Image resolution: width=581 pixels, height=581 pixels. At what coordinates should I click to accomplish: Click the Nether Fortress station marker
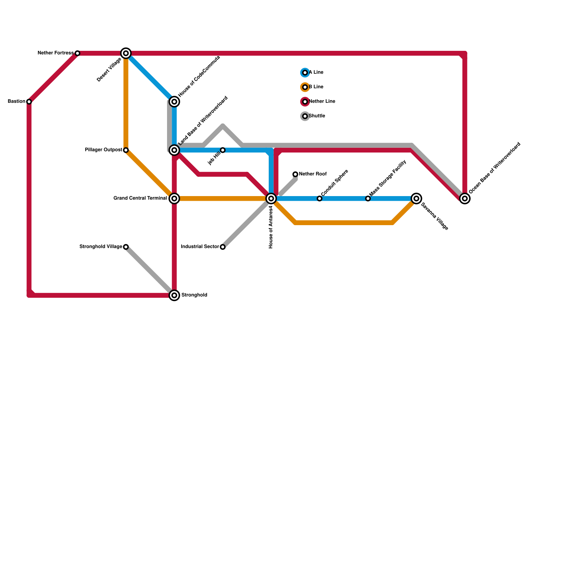[x=77, y=53]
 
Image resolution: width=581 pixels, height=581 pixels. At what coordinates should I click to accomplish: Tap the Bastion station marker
[x=29, y=102]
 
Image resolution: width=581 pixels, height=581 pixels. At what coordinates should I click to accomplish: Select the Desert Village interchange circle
[x=126, y=53]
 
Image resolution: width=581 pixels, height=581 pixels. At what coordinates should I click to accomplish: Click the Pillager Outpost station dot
[x=126, y=150]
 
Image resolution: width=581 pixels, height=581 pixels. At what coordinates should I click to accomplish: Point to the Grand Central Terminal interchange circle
[x=174, y=199]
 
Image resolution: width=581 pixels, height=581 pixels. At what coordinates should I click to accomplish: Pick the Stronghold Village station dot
[x=126, y=247]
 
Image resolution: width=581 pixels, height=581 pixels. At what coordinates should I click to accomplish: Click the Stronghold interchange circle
[x=174, y=296]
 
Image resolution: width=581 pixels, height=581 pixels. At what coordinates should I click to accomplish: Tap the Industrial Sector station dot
[x=223, y=247]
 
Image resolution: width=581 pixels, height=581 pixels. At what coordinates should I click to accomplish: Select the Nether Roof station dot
[x=295, y=174]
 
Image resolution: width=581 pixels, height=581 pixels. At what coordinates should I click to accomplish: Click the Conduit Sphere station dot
[x=320, y=199]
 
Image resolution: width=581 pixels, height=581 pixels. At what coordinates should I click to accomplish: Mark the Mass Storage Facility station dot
[x=368, y=199]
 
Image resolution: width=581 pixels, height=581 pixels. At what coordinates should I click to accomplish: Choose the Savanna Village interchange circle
[x=417, y=199]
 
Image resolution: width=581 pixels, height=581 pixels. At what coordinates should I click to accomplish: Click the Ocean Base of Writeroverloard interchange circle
[x=465, y=199]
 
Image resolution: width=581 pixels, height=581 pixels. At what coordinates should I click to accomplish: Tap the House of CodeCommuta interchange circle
[x=174, y=102]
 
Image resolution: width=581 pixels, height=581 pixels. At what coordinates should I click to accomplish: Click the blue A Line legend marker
[x=305, y=73]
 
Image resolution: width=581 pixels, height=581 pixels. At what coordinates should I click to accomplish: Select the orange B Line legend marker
[x=305, y=87]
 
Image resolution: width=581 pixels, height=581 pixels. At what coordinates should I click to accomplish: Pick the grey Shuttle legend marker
[x=305, y=116]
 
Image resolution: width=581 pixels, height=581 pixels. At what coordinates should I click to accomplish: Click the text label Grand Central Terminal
[x=140, y=198]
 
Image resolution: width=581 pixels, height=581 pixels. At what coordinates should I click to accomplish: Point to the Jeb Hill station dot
[x=223, y=150]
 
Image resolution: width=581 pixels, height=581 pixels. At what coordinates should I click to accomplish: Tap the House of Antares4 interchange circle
[x=271, y=199]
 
